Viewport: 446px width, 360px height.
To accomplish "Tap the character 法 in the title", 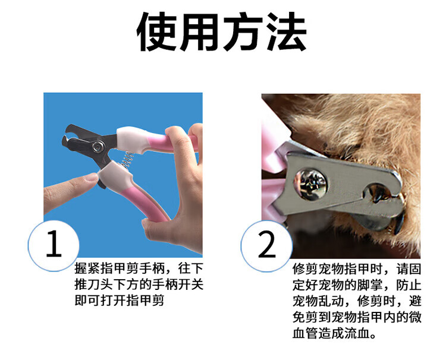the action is (x=287, y=32).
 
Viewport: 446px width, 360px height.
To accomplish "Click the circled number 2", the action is (x=266, y=246).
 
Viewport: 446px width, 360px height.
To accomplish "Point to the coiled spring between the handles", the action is (x=127, y=161).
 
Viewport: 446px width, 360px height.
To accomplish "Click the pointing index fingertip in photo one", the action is (x=92, y=178).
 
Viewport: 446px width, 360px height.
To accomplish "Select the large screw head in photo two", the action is (x=310, y=184).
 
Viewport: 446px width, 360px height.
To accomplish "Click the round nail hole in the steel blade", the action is (x=378, y=191).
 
